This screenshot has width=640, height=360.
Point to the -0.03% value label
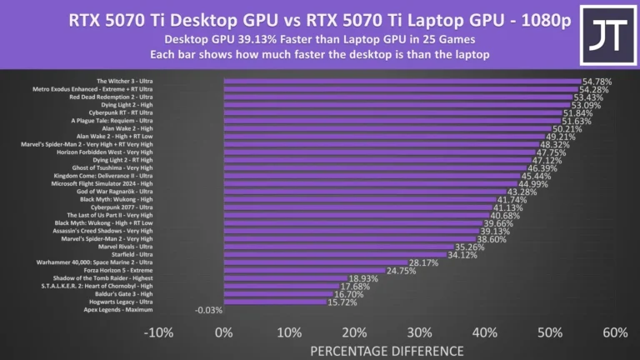coord(207,310)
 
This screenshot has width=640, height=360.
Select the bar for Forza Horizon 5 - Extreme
coord(304,270)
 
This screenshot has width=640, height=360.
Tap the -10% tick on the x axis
coord(157,333)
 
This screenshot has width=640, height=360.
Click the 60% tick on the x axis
coord(614,333)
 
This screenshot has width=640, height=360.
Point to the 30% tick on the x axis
coord(419,333)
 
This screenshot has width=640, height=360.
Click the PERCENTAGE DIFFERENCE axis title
coord(387,351)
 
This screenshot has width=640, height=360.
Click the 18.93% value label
coord(364,278)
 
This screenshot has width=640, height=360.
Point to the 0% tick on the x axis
coord(223,333)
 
